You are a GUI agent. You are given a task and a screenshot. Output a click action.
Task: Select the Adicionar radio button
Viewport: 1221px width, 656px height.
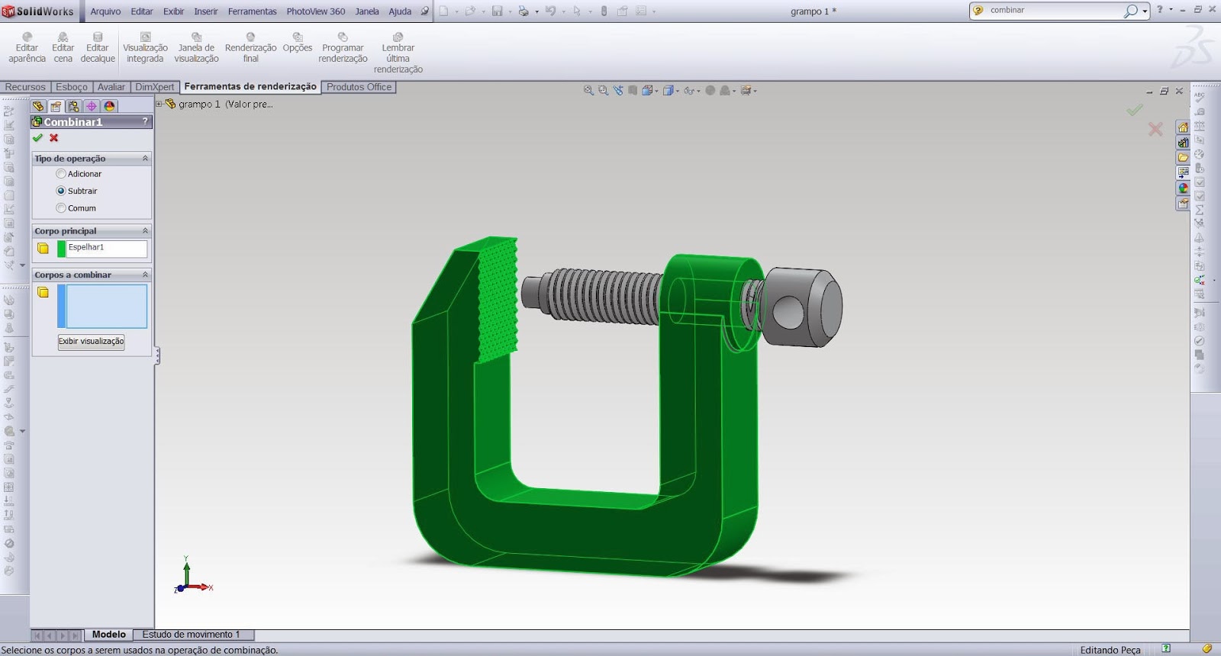61,174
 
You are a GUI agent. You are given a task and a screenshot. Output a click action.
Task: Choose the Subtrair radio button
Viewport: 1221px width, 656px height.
61,191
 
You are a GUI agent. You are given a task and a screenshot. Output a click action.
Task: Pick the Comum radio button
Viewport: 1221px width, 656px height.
61,208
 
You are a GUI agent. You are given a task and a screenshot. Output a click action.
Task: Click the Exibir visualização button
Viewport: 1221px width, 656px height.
92,342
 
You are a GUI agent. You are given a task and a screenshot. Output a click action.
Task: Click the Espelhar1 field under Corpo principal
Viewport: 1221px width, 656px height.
106,248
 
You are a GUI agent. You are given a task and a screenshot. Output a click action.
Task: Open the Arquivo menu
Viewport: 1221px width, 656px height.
105,11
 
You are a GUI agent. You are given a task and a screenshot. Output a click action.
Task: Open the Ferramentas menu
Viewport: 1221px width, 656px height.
252,11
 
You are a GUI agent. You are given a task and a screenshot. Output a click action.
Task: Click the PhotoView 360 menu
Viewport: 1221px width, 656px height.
315,11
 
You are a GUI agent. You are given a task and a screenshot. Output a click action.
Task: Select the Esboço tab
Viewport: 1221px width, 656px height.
72,87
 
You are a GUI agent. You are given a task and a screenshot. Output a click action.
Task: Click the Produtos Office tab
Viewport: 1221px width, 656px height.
359,87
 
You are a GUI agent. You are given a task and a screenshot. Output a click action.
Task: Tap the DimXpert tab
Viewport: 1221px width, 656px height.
155,87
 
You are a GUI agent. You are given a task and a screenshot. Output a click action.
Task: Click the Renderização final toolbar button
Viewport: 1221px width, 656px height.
250,47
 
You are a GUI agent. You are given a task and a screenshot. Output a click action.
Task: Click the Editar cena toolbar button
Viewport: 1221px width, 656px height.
63,47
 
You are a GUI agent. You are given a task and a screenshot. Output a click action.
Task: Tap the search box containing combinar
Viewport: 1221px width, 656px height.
1053,11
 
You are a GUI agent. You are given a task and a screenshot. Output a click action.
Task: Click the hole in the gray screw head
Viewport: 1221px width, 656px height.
791,310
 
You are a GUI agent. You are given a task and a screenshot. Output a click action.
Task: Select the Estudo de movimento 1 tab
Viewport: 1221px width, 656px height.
191,635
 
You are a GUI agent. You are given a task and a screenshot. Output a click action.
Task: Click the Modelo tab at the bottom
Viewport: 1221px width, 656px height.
108,635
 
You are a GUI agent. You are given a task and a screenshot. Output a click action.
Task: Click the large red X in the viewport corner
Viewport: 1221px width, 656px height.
1155,130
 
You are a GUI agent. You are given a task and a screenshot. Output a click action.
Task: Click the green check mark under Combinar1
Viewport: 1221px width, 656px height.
37,138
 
